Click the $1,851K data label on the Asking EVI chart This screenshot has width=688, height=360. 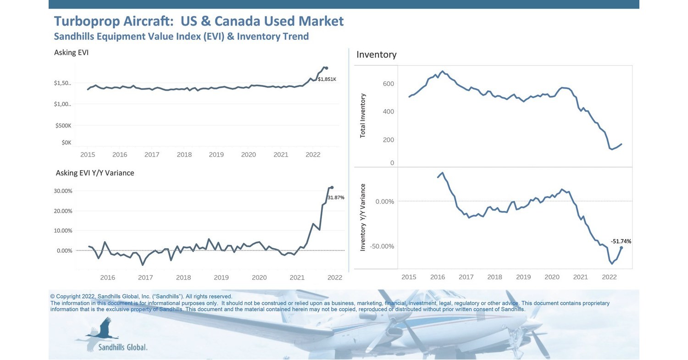coord(327,79)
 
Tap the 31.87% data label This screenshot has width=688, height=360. coord(336,198)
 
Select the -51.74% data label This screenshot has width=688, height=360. coord(621,241)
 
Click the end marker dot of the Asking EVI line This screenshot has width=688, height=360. coord(326,68)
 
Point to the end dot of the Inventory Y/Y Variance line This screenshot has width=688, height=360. coord(621,248)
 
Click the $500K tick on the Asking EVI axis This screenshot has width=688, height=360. coord(63,126)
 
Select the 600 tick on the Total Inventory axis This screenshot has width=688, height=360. coord(388,84)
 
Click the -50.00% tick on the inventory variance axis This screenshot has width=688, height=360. coord(382,246)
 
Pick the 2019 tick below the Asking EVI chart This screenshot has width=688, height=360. coord(216,155)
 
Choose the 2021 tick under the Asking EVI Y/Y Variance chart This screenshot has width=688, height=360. coord(297,277)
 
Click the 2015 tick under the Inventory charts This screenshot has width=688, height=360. coord(409,277)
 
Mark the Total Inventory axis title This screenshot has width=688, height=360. coord(363,116)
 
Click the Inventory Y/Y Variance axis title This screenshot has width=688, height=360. coord(363,217)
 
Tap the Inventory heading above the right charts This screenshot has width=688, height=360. coord(376,55)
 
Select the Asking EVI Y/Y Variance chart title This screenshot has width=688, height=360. coord(95,173)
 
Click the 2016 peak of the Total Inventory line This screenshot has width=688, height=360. coord(443,71)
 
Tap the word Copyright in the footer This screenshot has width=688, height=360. coord(67,297)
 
